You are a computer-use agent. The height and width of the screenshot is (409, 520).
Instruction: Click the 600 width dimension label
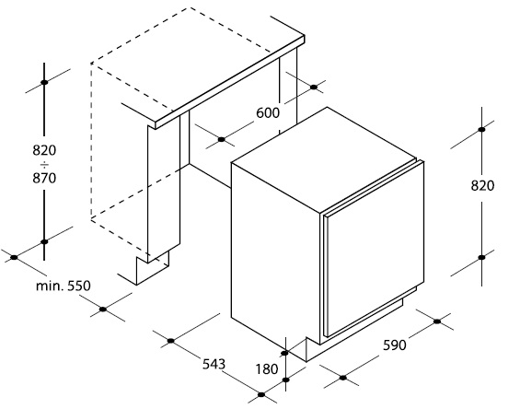point(268,113)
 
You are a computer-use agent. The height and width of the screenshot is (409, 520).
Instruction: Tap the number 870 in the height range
point(44,179)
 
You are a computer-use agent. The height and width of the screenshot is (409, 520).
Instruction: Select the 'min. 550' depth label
point(63,286)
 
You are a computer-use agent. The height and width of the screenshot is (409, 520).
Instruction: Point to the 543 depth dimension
point(214,364)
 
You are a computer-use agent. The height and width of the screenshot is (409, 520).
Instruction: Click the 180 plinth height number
point(267,369)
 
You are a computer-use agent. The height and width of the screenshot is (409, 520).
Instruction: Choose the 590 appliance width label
point(395,345)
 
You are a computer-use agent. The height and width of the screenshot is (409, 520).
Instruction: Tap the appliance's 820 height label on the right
point(482,186)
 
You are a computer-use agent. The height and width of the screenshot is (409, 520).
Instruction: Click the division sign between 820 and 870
point(44,164)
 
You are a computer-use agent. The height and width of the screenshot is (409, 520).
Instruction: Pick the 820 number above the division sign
point(44,150)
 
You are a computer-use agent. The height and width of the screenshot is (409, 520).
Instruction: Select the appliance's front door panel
point(374,249)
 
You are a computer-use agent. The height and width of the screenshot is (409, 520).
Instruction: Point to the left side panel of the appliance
point(275,254)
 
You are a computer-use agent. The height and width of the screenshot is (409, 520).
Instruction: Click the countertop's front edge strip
point(230,82)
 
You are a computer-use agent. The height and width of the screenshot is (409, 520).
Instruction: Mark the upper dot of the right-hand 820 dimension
point(482,130)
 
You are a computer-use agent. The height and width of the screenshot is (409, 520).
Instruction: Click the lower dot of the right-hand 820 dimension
point(482,257)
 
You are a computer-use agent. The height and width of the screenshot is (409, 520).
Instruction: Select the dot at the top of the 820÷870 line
point(44,82)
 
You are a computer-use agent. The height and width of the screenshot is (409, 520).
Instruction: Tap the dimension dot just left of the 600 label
point(222,139)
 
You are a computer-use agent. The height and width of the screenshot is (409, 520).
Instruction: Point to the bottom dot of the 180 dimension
point(285,380)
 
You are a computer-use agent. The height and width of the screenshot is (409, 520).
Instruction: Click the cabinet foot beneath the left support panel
point(153,269)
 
